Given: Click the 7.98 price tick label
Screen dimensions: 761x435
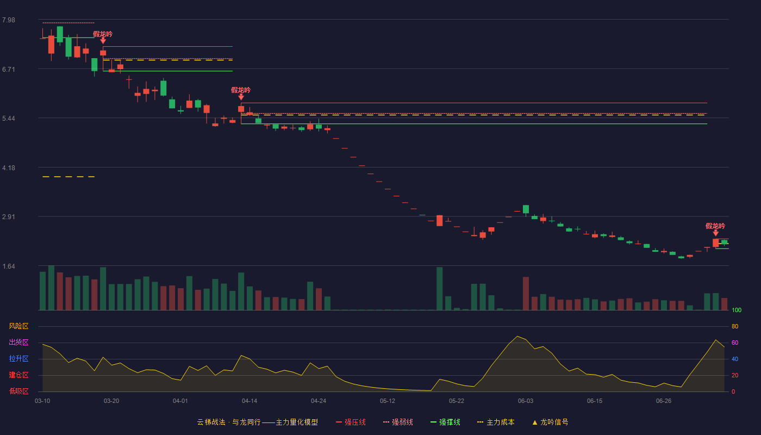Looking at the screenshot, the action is coord(9,20).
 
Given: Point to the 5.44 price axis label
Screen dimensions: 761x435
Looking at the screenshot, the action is coord(9,119).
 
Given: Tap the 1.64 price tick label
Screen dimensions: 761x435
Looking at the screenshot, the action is coord(9,266).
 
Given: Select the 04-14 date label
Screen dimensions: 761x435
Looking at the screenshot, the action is coord(249,401).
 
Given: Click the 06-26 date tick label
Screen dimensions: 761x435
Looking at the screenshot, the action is coord(664,401).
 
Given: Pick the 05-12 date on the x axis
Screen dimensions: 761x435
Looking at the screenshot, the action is coord(387,401).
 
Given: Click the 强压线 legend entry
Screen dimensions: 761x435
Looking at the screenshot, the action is coord(351,422).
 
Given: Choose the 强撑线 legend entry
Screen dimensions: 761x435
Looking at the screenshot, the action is coord(445,422).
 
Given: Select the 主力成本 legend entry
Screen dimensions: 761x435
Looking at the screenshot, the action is coord(496,422).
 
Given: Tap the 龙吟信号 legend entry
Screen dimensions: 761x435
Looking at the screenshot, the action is coord(550,422).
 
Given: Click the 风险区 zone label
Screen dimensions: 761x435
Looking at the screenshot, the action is coord(18,326).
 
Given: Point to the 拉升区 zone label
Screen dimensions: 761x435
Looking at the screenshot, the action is coord(18,359).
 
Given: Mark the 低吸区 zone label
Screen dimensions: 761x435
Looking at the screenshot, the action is coord(18,391).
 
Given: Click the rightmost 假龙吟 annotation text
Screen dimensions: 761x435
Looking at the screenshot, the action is coord(715,226).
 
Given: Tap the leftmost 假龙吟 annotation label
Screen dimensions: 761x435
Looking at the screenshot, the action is coord(103,34).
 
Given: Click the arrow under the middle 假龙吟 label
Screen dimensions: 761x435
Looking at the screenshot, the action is coord(241,97).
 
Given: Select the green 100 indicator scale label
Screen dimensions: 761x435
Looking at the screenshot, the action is coord(737,310).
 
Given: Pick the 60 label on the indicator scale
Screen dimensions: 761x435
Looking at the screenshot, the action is coord(735,343).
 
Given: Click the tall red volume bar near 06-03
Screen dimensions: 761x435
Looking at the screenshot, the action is coord(526,293).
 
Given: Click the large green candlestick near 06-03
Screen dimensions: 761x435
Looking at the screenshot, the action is coord(526,209).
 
